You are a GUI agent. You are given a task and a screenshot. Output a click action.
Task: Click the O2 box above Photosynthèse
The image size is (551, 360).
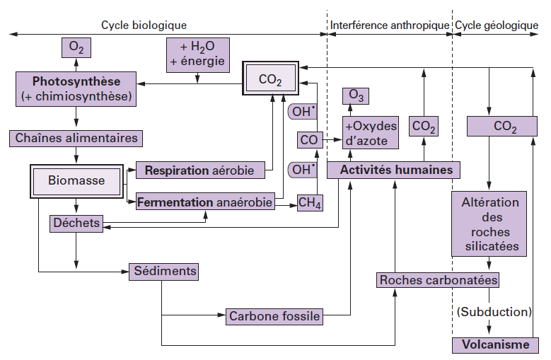tap(76, 48)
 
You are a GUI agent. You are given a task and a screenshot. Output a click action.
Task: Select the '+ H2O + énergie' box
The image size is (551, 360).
tap(197, 54)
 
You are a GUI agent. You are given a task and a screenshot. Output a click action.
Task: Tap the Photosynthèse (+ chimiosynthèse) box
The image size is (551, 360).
tap(76, 88)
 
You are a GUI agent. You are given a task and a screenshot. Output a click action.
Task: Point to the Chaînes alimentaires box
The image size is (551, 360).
tap(76, 138)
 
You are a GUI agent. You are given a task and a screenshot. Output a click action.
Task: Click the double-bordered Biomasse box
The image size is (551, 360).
tap(76, 180)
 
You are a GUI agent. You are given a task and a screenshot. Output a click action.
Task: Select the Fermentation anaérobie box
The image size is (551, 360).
tap(204, 203)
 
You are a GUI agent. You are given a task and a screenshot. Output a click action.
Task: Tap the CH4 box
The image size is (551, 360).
tap(310, 204)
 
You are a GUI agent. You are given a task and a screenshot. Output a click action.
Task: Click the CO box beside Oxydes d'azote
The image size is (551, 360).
tap(309, 140)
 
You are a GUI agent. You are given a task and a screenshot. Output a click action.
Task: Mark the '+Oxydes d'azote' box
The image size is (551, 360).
tap(371, 133)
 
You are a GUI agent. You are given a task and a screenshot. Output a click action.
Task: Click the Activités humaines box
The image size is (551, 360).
tap(390, 170)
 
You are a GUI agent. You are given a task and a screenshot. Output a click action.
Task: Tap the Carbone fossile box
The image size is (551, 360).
tap(274, 316)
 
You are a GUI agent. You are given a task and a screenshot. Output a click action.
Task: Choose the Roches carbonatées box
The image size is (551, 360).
tap(439, 280)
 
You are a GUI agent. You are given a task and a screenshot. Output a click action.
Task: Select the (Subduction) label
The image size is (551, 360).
tap(494, 311)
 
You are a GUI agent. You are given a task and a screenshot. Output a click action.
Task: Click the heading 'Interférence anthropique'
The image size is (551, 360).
tap(390, 25)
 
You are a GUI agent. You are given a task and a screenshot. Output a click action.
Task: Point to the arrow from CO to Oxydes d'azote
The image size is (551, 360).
tap(331, 140)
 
